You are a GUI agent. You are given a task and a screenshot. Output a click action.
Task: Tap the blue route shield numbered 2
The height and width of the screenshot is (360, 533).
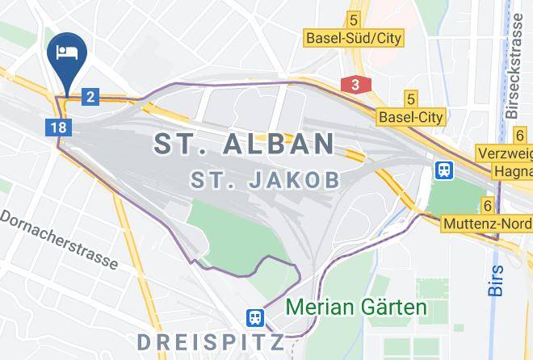90,98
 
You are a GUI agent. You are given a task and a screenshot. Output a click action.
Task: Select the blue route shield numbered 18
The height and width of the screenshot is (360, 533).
57,127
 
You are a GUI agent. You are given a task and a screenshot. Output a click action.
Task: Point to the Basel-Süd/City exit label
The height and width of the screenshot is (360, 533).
353,38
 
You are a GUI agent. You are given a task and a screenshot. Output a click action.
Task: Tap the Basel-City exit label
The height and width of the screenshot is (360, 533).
411,118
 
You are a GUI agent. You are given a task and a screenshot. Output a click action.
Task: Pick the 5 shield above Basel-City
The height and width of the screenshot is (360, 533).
411,99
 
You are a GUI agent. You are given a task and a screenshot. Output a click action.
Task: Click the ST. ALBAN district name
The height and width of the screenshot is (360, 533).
244,144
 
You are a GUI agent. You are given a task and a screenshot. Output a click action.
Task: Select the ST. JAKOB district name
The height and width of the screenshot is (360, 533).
265,179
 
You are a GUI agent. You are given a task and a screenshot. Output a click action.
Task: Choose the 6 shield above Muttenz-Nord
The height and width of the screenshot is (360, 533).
488,206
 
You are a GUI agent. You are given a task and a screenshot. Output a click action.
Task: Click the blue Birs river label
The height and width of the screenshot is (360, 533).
496,279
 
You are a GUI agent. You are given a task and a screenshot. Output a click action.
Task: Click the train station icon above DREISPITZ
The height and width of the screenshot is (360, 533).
256,316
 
